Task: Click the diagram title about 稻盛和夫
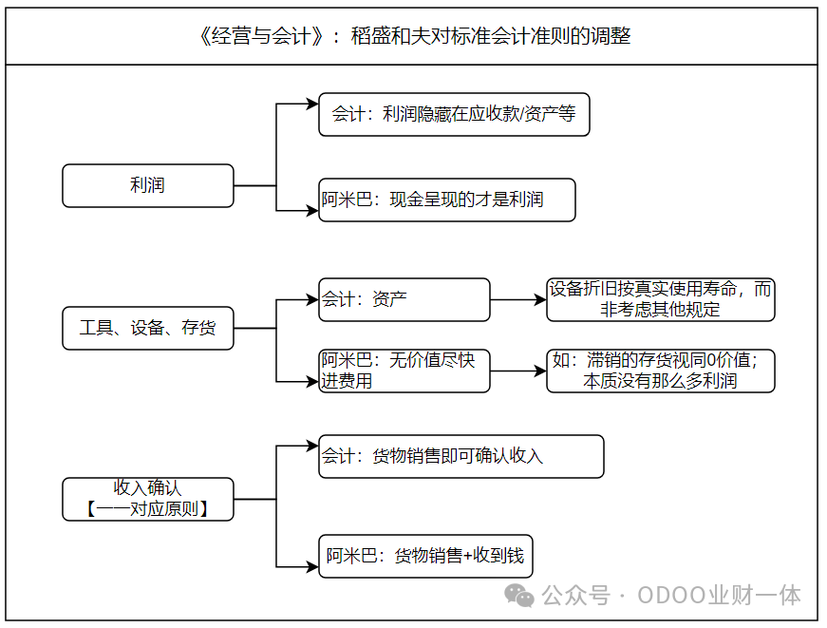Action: (x=414, y=36)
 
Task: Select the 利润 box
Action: (x=148, y=186)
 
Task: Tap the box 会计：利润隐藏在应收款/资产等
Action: (x=454, y=115)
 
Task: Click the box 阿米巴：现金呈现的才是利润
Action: (x=447, y=200)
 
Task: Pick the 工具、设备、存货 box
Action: (x=148, y=328)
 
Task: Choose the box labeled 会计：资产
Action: (x=404, y=300)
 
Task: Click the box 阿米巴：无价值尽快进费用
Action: (x=404, y=371)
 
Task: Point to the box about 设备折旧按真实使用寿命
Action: (x=661, y=300)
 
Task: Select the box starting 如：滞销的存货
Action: (x=661, y=371)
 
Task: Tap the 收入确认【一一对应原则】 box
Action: (x=148, y=499)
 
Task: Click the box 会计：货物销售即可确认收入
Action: (x=461, y=456)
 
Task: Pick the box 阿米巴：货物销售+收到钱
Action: (x=425, y=556)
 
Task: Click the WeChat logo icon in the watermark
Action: (x=519, y=596)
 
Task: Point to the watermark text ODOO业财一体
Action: (x=719, y=596)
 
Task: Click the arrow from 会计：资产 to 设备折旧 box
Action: (x=518, y=300)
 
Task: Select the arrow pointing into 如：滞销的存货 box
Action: (x=518, y=371)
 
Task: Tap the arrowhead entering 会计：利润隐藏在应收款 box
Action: (x=312, y=104)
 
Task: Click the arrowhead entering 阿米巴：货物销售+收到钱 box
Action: (x=312, y=567)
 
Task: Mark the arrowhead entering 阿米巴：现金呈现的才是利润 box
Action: (x=312, y=211)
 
